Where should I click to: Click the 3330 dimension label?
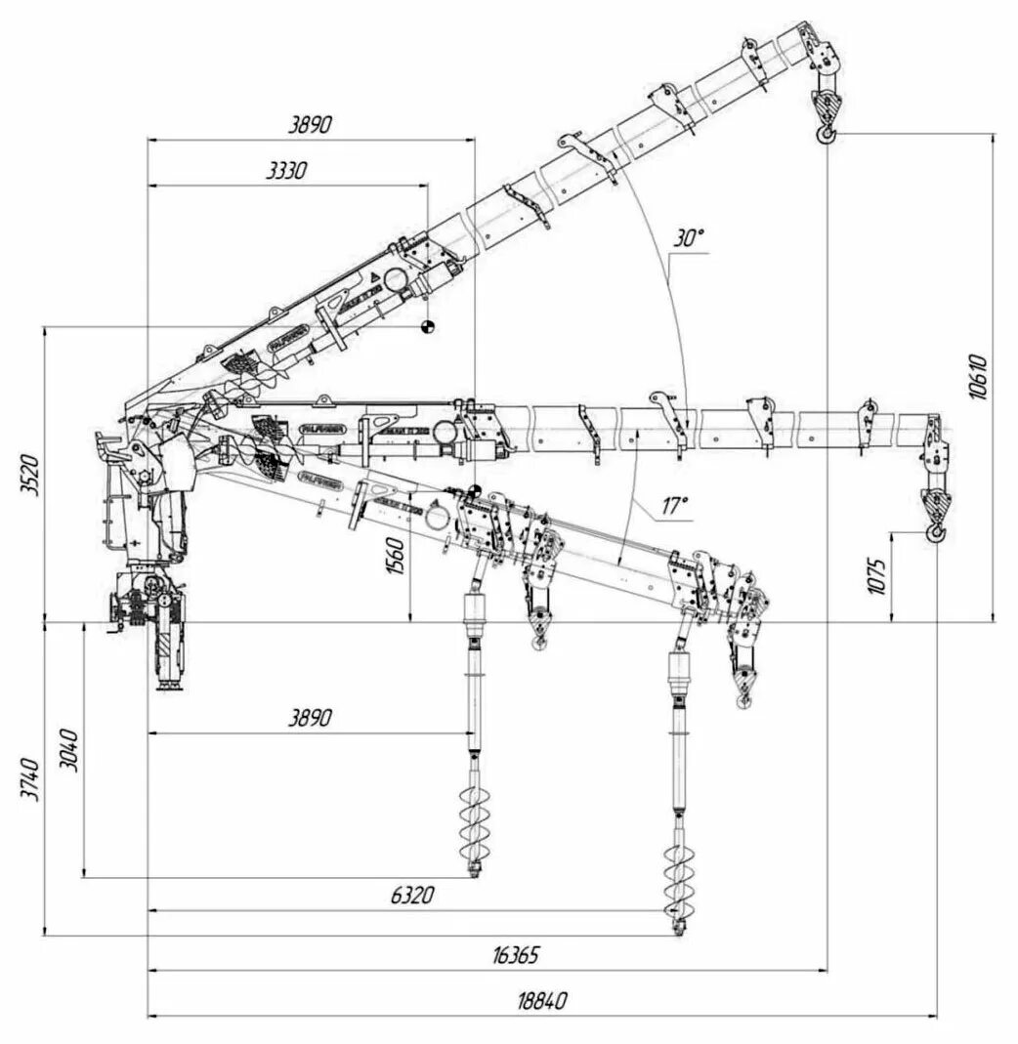pyautogui.click(x=287, y=171)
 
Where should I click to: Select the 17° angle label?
pyautogui.click(x=674, y=505)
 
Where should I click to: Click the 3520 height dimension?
pyautogui.click(x=30, y=475)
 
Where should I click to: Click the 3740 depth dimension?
pyautogui.click(x=30, y=779)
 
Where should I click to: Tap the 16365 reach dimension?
pyautogui.click(x=516, y=954)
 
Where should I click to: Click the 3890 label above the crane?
pyautogui.click(x=311, y=124)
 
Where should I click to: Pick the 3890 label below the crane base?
pyautogui.click(x=311, y=718)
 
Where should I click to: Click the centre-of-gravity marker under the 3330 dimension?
pyautogui.click(x=426, y=326)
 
